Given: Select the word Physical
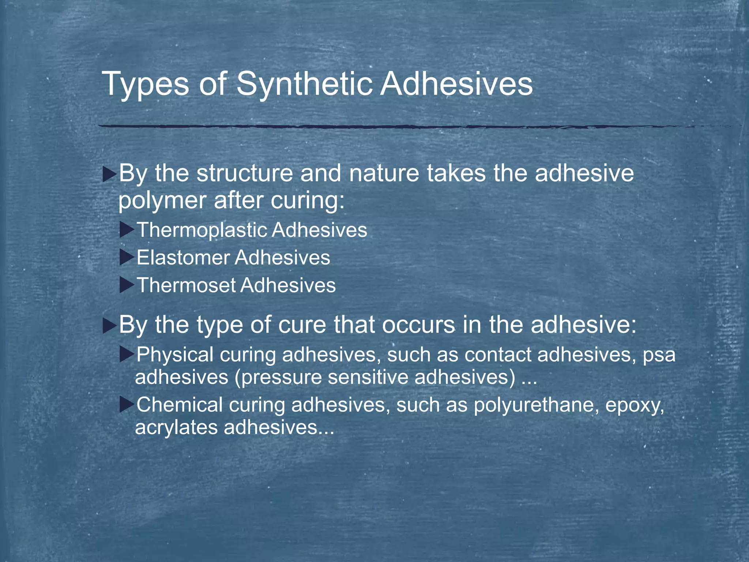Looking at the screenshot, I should point(175,355).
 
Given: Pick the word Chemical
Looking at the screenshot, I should point(180,405).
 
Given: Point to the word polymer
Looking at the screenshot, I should point(162,201).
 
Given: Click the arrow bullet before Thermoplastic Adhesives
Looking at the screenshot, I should point(127,230).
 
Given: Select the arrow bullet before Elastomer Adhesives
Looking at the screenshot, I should point(127,258).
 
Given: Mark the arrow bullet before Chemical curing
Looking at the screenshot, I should point(127,405).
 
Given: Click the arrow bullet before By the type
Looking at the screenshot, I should point(109,325).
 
